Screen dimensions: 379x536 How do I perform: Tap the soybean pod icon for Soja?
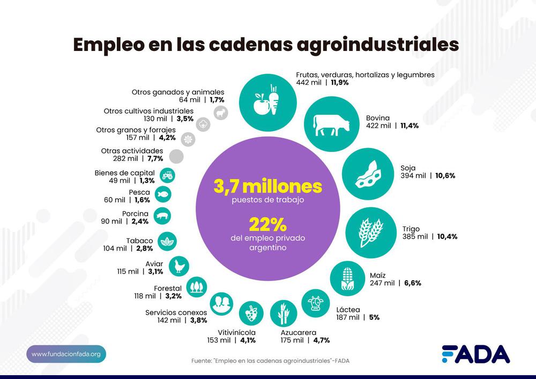click(x=366, y=173)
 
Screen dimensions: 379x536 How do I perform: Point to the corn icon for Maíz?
click(x=349, y=279)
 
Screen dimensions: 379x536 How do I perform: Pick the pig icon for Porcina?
click(x=162, y=216)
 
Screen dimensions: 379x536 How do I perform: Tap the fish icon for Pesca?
click(x=163, y=194)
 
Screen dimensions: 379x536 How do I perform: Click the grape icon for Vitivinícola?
click(x=251, y=311)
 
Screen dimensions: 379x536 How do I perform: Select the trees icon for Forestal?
click(x=197, y=286)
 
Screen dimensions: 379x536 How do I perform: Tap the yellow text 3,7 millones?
click(x=268, y=186)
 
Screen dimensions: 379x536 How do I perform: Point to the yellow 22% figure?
click(x=267, y=223)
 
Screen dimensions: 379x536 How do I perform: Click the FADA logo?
click(x=475, y=354)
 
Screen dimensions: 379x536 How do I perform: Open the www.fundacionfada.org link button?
click(x=66, y=354)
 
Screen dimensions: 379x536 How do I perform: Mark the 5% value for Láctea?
click(x=374, y=317)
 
